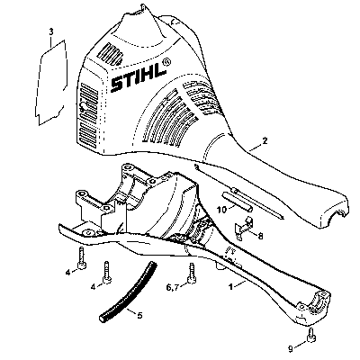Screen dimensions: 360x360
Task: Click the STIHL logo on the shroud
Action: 139,78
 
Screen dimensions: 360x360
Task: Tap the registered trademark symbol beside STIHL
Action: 166,62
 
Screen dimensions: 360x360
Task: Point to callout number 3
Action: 51,31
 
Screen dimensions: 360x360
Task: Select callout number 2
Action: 265,140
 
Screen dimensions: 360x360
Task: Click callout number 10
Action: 222,210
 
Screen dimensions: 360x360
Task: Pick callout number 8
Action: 260,237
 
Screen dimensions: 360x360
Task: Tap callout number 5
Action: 139,315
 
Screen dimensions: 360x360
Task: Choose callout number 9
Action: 290,349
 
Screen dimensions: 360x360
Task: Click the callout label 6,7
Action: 173,287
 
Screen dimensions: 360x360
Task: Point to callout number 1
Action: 230,287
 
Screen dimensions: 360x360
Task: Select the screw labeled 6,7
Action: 191,273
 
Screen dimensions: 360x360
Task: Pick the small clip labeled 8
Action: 245,228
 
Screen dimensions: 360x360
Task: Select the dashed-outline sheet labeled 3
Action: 51,83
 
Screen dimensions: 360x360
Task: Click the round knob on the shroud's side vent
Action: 83,106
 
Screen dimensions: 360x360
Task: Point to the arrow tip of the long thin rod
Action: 283,218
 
